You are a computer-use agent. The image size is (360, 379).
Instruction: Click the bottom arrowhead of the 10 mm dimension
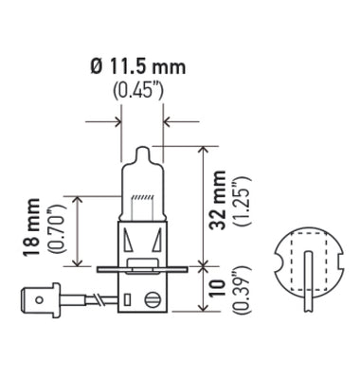tap(206, 310)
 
